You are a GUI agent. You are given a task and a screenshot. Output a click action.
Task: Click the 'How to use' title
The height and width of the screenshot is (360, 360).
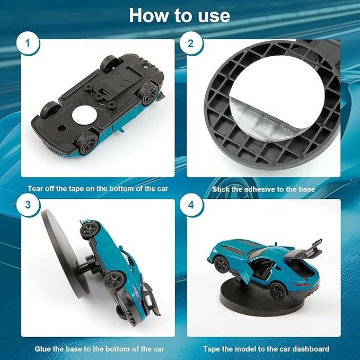(x=180, y=15)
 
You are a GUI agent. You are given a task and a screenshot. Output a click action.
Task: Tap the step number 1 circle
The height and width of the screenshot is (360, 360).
(x=28, y=43)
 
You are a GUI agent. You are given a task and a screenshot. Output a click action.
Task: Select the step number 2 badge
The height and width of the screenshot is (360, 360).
(x=190, y=43)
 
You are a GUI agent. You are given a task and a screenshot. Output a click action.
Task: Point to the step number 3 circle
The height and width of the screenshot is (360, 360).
(x=28, y=205)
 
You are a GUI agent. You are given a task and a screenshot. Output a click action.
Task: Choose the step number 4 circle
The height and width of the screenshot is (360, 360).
(x=191, y=205)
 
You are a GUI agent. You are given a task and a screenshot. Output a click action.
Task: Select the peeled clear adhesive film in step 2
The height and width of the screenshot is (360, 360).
(x=259, y=119)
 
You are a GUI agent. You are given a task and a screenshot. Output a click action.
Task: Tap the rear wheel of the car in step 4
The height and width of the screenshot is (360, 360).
(x=278, y=291)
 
